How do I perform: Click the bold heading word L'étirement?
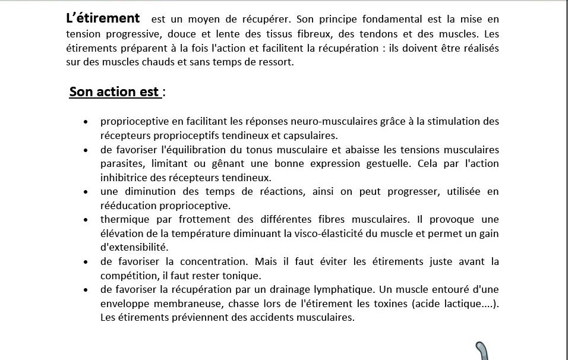click(x=103, y=19)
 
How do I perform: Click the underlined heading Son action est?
click(x=114, y=92)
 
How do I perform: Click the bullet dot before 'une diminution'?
click(x=87, y=192)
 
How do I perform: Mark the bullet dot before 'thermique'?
click(x=87, y=220)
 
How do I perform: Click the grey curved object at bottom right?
click(x=484, y=351)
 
